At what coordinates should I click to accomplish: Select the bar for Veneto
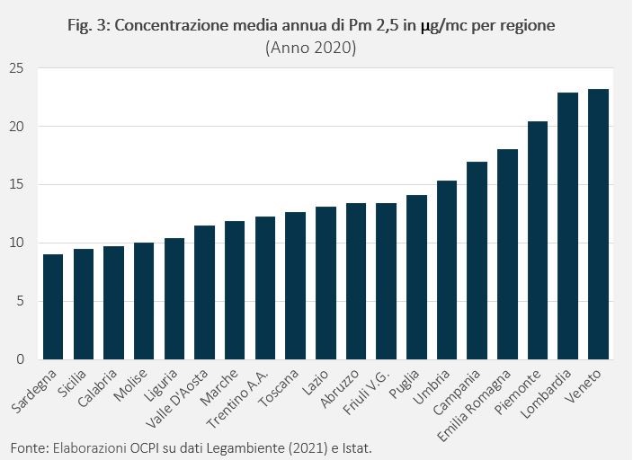598,225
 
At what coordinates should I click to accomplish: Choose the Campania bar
477,261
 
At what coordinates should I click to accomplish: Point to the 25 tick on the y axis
18,68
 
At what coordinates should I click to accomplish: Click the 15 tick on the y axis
18,185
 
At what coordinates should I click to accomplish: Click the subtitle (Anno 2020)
311,49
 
